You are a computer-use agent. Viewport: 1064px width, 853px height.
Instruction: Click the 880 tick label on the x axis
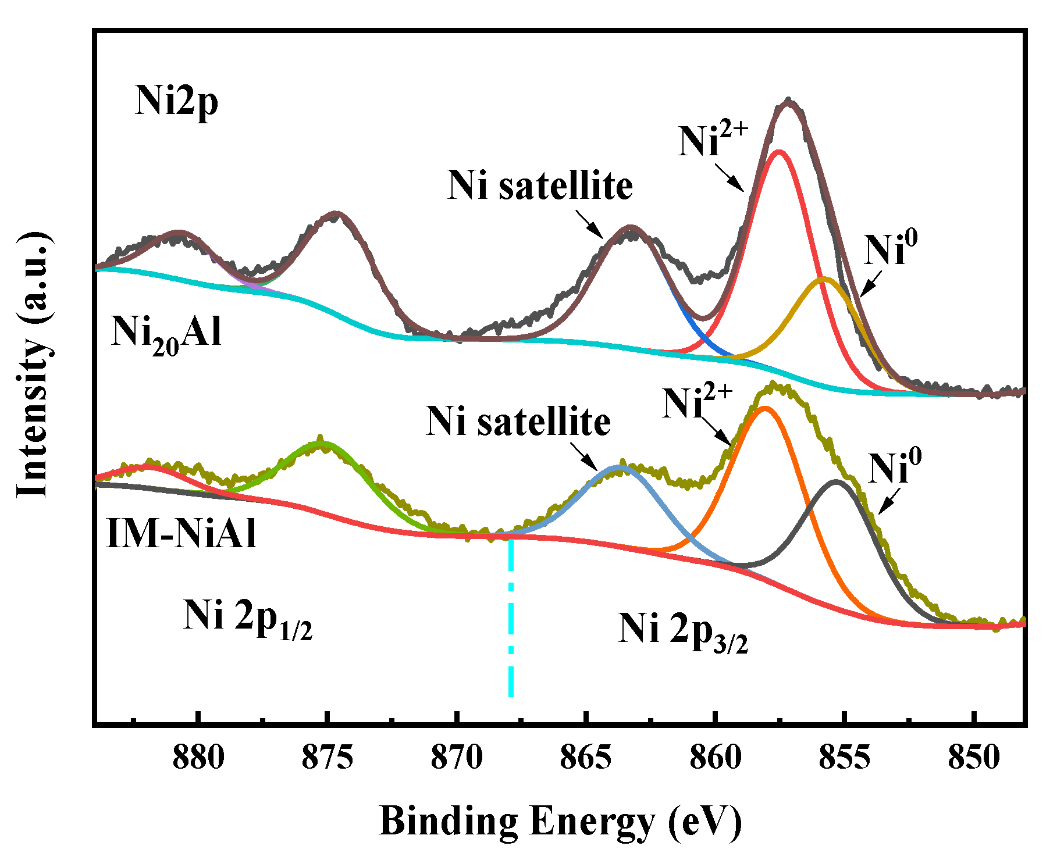click(x=198, y=758)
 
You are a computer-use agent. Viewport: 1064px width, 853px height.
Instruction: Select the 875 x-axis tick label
click(x=328, y=758)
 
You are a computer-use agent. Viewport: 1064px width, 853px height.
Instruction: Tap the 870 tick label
click(x=457, y=758)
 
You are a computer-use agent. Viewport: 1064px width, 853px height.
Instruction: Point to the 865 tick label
click(x=586, y=758)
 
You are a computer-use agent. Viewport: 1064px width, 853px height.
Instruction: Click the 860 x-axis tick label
click(x=715, y=758)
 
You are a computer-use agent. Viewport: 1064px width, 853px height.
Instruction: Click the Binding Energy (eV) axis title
click(x=560, y=821)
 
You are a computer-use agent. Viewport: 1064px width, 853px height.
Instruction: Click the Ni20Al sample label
click(x=166, y=334)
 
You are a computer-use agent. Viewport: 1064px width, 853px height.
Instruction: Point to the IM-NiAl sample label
click(x=182, y=534)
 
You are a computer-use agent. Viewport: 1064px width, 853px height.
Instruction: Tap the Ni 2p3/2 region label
click(x=682, y=632)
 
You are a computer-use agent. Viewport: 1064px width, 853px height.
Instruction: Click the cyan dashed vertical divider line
click(x=511, y=616)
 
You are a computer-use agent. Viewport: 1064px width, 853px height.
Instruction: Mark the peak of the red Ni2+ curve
click(x=779, y=152)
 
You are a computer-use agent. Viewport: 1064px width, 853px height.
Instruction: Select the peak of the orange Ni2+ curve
click(x=764, y=408)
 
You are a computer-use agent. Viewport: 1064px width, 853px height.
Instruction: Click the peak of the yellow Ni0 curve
click(x=824, y=279)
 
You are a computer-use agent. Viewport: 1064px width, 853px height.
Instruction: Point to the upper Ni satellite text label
click(x=540, y=186)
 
